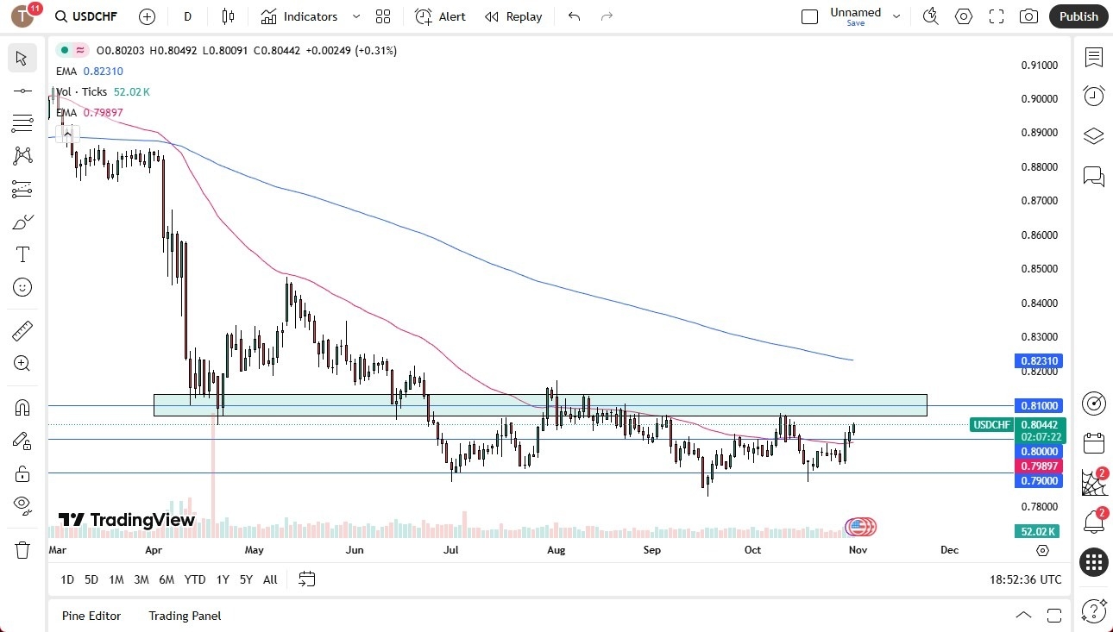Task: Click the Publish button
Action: pos(1078,16)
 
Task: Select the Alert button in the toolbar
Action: pos(440,16)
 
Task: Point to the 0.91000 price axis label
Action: pos(1039,65)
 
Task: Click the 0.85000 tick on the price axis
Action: pos(1039,269)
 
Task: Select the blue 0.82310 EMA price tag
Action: pos(1039,361)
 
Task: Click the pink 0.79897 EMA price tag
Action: pos(1039,466)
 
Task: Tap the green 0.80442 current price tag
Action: pos(1039,424)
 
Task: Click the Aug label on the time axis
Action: pos(556,550)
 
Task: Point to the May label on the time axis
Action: pos(254,550)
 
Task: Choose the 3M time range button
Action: pos(141,579)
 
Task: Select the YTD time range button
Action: pos(195,579)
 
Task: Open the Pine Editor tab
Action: pos(91,616)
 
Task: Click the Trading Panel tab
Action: pos(185,616)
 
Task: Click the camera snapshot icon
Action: pos(1028,16)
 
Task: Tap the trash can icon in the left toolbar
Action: pos(22,549)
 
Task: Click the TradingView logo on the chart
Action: pos(127,520)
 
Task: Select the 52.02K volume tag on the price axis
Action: pos(1039,531)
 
